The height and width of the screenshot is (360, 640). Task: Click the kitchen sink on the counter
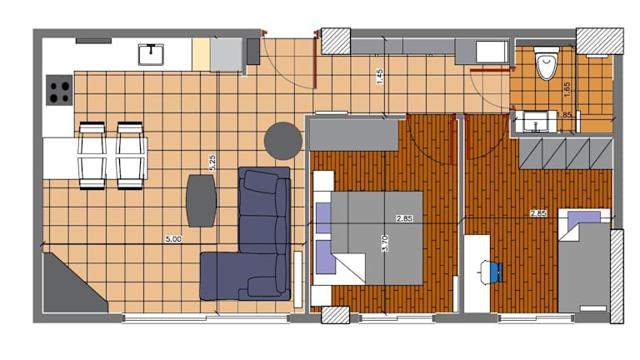tap(151, 54)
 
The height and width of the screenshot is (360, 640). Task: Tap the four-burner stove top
tap(59, 90)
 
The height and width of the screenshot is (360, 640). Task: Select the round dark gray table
tap(282, 141)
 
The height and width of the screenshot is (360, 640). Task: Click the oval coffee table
tap(201, 200)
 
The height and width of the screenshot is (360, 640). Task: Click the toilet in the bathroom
tap(547, 62)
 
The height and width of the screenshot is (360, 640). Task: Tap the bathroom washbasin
tap(536, 121)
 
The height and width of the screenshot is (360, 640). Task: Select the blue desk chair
tap(492, 272)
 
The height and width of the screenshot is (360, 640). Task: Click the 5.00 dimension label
tap(173, 239)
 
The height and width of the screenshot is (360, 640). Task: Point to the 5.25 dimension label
tap(212, 162)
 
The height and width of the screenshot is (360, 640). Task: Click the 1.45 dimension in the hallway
tap(380, 77)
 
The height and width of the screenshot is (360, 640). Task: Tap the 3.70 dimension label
tap(384, 243)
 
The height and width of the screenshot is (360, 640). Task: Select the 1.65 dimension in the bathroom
tap(567, 89)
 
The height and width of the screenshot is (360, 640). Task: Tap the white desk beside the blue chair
tap(477, 273)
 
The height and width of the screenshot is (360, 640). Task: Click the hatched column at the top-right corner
tap(600, 41)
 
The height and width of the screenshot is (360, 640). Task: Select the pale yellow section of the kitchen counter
tap(201, 55)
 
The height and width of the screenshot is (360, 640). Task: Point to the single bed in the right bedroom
tap(583, 261)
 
